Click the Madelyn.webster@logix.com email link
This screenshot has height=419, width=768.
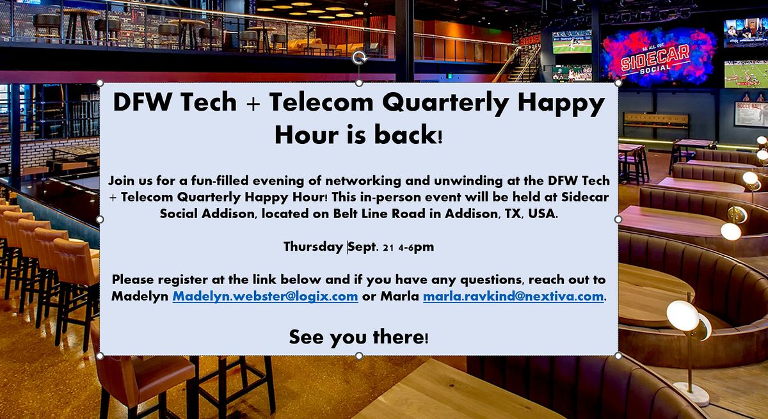[x=265, y=297]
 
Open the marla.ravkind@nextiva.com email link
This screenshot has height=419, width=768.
[x=513, y=297]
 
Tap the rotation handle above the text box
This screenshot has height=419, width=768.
[x=359, y=58]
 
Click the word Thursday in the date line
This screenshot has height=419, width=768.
[x=313, y=246]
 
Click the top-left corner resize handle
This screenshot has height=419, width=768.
[x=100, y=83]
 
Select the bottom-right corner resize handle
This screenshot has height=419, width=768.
[x=618, y=356]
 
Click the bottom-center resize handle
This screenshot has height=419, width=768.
[x=359, y=356]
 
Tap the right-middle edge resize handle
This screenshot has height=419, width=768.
[x=618, y=219]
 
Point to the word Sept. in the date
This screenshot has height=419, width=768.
[x=363, y=246]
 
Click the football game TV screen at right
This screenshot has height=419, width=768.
[x=746, y=74]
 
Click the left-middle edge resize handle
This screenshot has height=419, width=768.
[x=100, y=219]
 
